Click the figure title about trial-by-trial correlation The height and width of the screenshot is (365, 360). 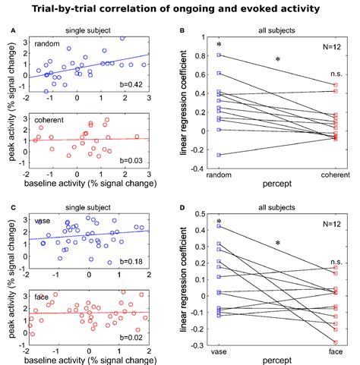(x=180, y=8)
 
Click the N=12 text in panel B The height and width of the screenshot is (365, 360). (x=330, y=47)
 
